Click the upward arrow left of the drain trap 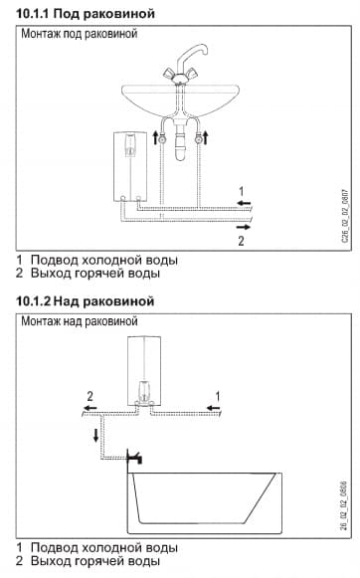coord(157,137)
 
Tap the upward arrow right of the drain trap coord(205,137)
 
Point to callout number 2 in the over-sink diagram coord(89,395)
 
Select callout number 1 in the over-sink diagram coord(211,395)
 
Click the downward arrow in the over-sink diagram coord(95,435)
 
